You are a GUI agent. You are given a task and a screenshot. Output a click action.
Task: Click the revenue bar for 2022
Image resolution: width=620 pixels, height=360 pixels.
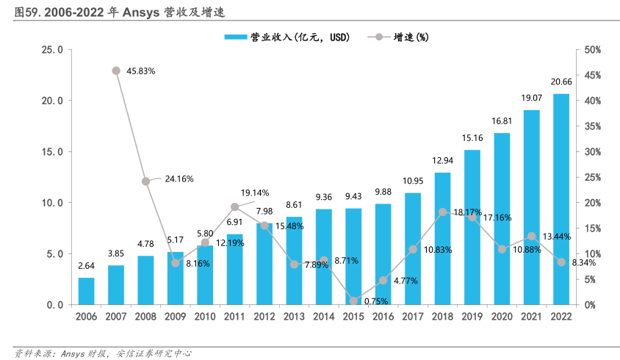point(560,199)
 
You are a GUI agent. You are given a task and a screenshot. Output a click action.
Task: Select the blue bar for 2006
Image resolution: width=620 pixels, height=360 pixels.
point(86,291)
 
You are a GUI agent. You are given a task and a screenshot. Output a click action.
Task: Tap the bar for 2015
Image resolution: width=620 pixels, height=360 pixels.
point(353,256)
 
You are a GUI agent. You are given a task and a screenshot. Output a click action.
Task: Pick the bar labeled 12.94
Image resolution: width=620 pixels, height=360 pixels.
point(442,239)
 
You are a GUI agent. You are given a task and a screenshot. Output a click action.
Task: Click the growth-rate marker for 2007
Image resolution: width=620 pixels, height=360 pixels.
point(116,71)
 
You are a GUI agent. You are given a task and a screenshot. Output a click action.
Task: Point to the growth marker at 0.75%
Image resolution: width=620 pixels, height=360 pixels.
point(353,300)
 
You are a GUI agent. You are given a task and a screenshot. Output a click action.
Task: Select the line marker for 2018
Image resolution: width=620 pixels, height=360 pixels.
point(442,212)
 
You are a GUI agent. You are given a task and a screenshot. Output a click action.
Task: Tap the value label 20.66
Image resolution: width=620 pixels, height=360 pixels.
point(561,82)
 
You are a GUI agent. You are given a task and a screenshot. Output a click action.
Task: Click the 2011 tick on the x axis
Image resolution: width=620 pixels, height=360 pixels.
point(234,315)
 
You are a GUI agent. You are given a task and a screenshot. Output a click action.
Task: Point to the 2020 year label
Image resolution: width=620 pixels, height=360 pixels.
point(502,315)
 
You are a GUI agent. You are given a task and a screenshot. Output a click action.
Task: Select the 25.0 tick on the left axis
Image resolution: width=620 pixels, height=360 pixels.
point(52,50)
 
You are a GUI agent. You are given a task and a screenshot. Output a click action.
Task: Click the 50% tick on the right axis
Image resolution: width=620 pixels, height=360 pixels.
point(592,50)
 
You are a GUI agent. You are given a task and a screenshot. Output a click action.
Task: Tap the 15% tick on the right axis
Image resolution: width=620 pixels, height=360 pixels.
point(592,228)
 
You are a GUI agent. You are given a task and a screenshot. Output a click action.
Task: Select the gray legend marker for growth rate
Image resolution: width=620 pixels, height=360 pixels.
point(378,37)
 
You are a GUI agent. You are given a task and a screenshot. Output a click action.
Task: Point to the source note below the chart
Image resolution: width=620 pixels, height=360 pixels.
point(104,353)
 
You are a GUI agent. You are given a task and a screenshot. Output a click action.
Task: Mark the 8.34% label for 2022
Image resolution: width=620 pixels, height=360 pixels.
point(585,263)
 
